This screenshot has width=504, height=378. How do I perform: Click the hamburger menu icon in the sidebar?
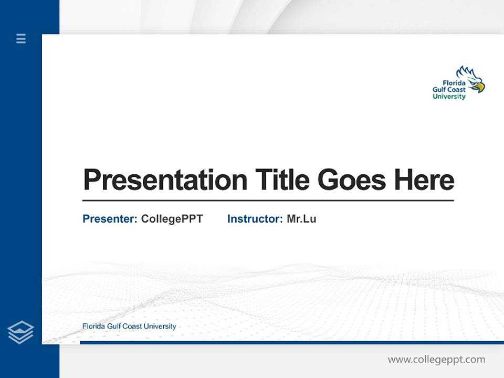[x=21, y=38]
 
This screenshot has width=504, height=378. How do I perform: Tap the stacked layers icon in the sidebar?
[x=20, y=332]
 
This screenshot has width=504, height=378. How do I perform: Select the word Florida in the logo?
[x=454, y=83]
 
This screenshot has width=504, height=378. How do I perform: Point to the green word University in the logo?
[x=449, y=97]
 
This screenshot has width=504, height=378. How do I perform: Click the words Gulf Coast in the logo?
[x=449, y=90]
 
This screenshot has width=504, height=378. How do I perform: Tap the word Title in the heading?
[x=282, y=180]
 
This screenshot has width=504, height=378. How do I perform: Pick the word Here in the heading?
[x=424, y=180]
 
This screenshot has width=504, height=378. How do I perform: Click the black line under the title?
[x=268, y=200]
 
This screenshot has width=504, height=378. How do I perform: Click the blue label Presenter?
[x=110, y=219]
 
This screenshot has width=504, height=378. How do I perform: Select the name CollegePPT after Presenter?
[x=172, y=219]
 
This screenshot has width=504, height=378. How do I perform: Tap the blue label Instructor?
[x=255, y=219]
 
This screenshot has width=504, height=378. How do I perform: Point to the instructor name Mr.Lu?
[x=301, y=219]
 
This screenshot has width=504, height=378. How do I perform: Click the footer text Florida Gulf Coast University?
[x=129, y=326]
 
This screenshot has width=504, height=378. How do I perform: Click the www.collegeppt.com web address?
[x=436, y=360]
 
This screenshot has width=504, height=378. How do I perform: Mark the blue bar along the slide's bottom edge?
[x=291, y=342]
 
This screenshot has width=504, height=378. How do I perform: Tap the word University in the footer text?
[x=160, y=326]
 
